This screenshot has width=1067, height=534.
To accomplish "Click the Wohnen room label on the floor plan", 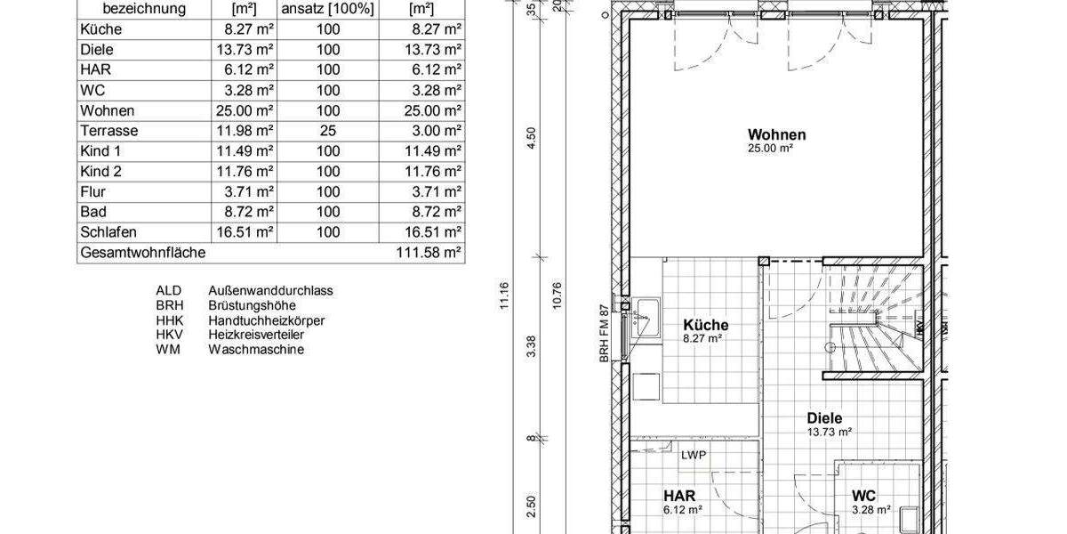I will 776,135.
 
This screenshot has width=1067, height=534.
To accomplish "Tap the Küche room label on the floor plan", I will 706,325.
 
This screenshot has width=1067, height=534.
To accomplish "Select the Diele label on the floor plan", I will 824,418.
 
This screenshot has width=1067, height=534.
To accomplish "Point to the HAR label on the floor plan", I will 678,496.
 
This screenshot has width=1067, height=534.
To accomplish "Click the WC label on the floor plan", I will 863,496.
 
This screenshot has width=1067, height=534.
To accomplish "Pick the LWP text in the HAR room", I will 694,455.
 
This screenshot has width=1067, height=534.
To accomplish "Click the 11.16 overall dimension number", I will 504,296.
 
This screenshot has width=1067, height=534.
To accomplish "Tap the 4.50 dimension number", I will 532,140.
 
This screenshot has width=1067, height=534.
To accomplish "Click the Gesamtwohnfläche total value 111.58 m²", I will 429,253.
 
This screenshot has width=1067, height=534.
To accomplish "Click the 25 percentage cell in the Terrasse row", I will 328,130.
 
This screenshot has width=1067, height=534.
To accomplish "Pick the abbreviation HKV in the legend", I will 168,335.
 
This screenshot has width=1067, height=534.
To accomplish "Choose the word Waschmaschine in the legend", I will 256,350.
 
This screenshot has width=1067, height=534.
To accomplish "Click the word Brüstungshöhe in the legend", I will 253,304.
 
